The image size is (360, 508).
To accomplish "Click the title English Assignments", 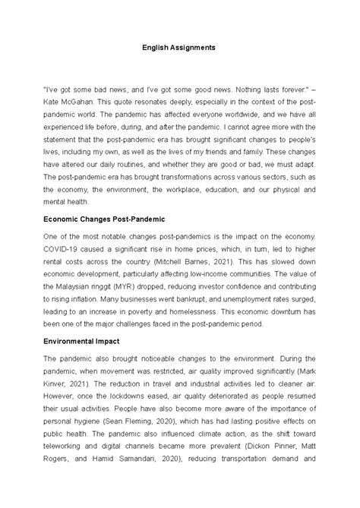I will pyautogui.click(x=179, y=47).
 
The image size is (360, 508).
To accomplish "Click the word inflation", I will pyautogui.click(x=82, y=305).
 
